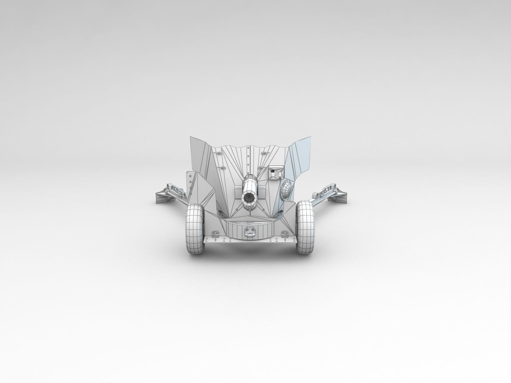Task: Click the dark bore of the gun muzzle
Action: pos(250,198)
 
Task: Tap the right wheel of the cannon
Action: pos(306,227)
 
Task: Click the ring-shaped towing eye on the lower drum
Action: pos(250,233)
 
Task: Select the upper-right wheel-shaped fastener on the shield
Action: pos(265,153)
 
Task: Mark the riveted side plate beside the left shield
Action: pos(188,184)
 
